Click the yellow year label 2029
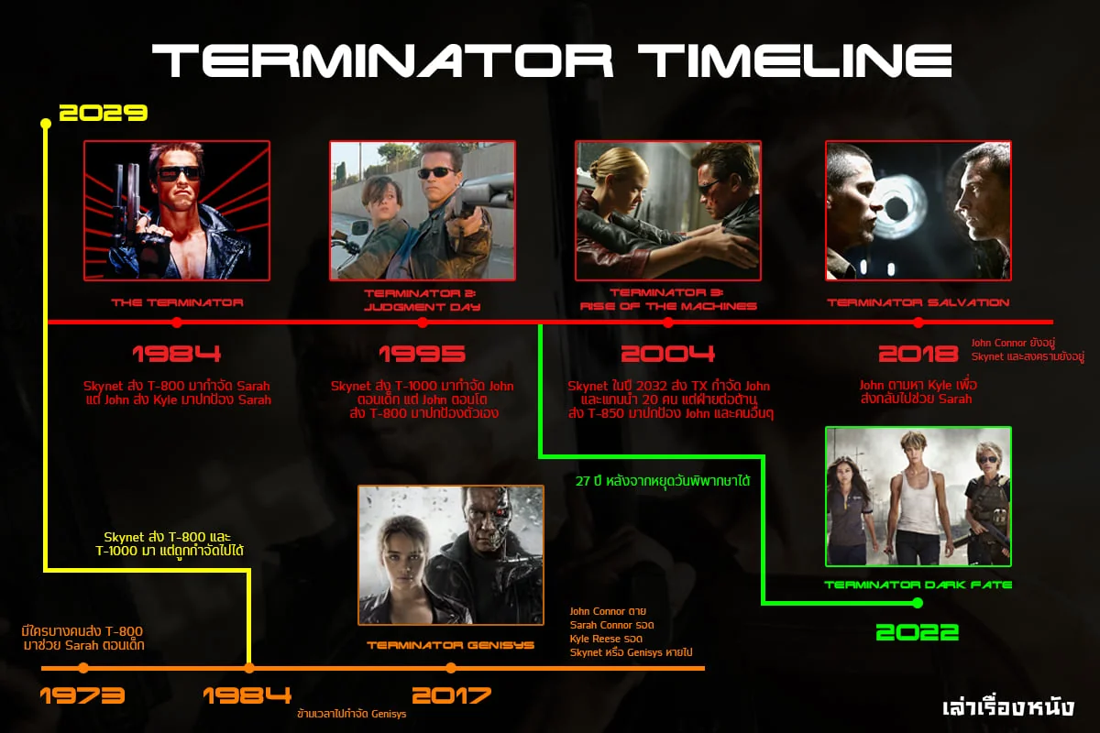[x=103, y=114]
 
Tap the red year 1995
[x=423, y=354]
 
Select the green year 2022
[x=917, y=632]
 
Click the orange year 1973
[x=82, y=695]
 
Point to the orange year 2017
[x=451, y=695]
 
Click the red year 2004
[x=667, y=354]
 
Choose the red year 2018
[x=918, y=354]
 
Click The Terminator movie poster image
[x=177, y=210]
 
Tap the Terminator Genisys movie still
[x=451, y=555]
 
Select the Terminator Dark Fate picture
[x=918, y=496]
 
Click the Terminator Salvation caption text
[x=918, y=302]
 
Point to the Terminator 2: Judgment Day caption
[x=423, y=300]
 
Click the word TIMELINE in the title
[x=794, y=61]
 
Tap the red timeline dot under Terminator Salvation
[x=918, y=323]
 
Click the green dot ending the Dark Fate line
[x=917, y=603]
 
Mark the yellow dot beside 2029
[x=46, y=123]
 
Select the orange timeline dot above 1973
[x=83, y=668]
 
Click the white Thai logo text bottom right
[x=1007, y=707]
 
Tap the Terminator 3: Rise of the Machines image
[x=667, y=210]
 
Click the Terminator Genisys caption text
[x=451, y=645]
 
